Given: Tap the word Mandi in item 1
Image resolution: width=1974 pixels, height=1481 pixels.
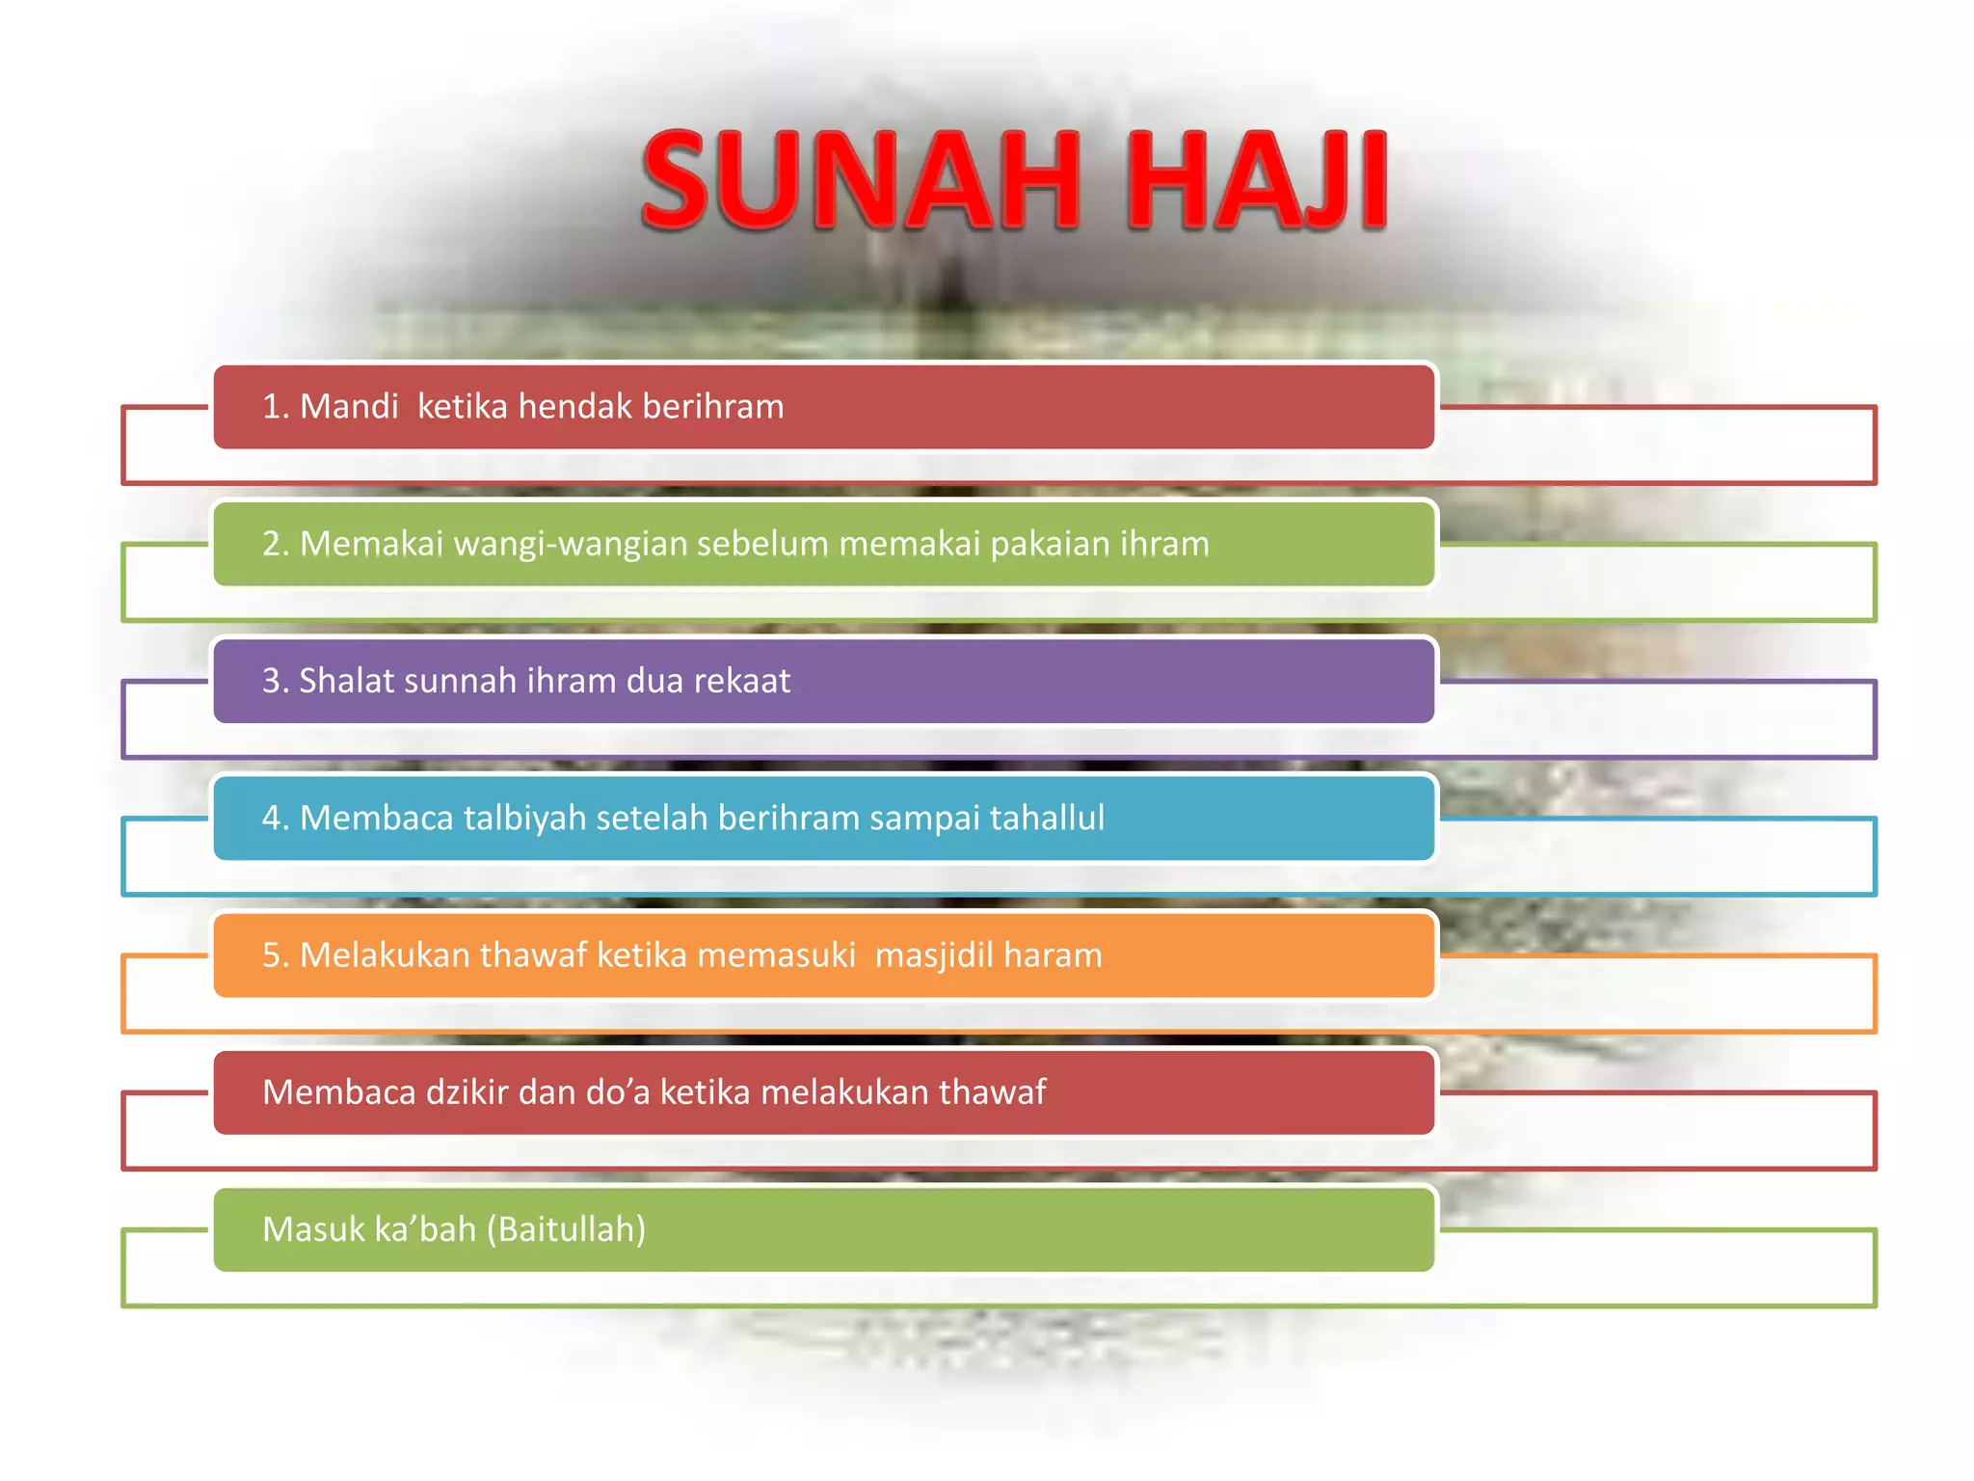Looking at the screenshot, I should [x=349, y=407].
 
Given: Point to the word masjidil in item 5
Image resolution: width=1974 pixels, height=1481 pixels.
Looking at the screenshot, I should [x=933, y=955].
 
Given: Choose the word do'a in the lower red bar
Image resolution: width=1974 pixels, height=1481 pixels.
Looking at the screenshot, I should [x=620, y=1092].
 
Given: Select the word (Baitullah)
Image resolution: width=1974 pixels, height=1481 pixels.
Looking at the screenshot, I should [x=566, y=1229].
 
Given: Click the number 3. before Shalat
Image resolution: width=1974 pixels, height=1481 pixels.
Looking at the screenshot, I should [x=275, y=681].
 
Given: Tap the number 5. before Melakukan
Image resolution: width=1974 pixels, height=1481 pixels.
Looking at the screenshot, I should [x=275, y=955].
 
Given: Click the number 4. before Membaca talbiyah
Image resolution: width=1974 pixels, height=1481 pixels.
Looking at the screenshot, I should [x=275, y=818].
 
